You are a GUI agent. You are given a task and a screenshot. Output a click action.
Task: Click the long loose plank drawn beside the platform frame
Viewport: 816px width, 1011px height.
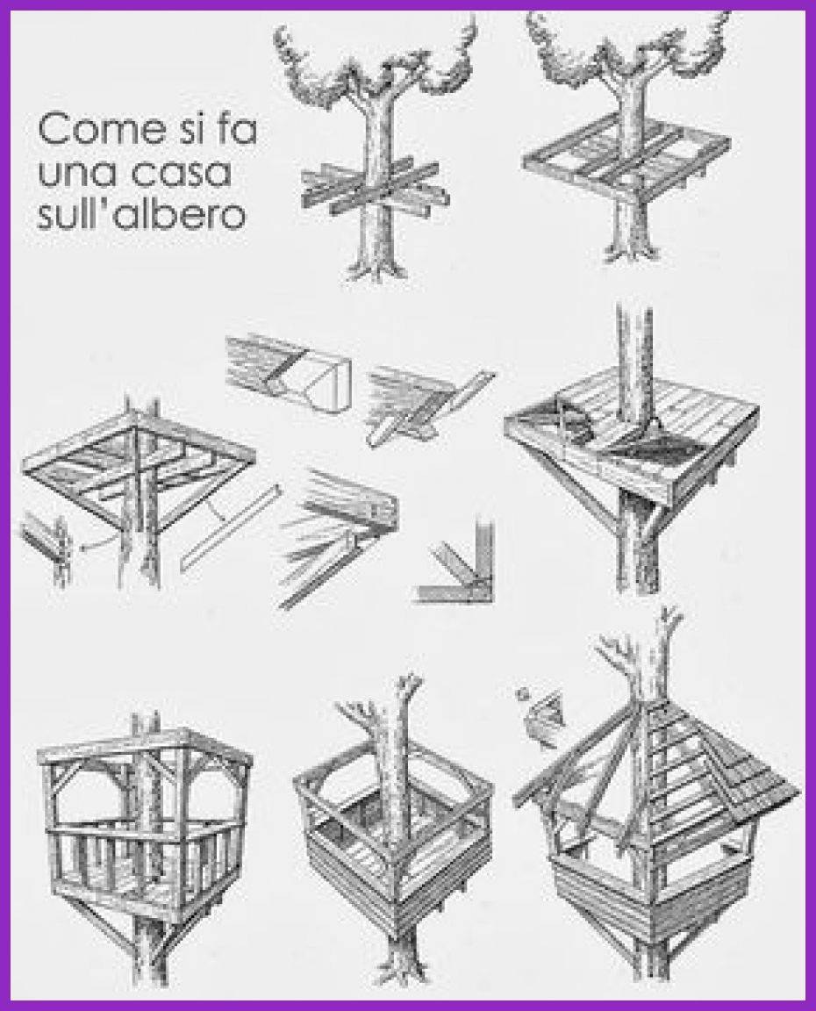(229, 526)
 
